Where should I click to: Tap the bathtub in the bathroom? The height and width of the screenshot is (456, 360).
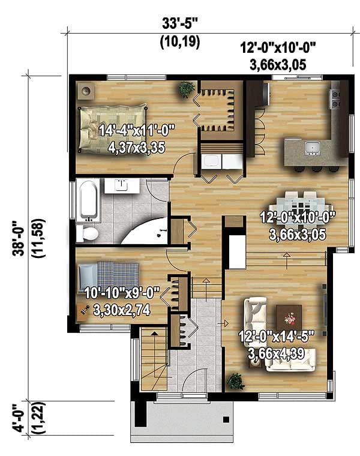[x=88, y=199]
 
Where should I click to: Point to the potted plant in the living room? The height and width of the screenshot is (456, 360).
[x=235, y=380]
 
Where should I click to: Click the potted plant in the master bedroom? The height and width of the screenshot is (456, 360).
[x=186, y=89]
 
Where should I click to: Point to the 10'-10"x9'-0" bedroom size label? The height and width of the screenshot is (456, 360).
[x=122, y=301]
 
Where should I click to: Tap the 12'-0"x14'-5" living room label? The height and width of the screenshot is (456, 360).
[x=277, y=344]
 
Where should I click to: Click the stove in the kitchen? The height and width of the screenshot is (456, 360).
[x=335, y=98]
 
